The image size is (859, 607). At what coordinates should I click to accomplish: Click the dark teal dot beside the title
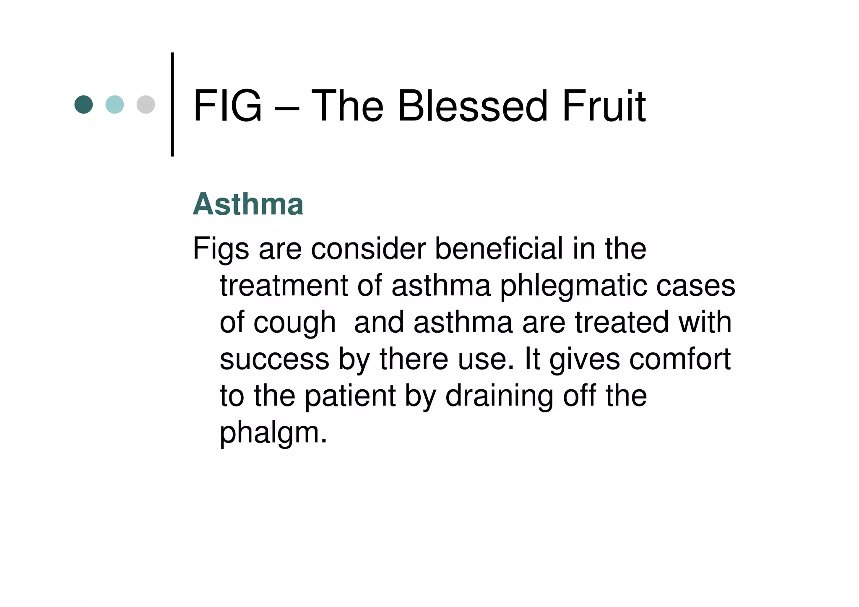83,104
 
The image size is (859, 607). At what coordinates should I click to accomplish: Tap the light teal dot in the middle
115,104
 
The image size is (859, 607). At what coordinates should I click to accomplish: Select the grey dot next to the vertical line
146,104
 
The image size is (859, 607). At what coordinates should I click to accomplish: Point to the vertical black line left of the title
172,104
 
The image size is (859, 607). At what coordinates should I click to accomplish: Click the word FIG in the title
227,106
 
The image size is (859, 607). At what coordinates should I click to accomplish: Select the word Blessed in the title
472,106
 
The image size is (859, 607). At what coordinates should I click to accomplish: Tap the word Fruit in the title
604,106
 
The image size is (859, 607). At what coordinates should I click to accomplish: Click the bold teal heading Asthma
248,204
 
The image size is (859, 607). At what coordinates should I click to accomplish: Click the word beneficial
499,248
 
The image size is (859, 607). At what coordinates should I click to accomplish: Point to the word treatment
284,286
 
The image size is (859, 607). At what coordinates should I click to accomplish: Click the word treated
622,322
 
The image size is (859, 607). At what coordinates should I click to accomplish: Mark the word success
275,360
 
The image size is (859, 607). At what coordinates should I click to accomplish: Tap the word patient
350,396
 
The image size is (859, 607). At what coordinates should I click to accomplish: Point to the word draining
499,396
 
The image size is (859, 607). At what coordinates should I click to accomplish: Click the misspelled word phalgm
273,433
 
